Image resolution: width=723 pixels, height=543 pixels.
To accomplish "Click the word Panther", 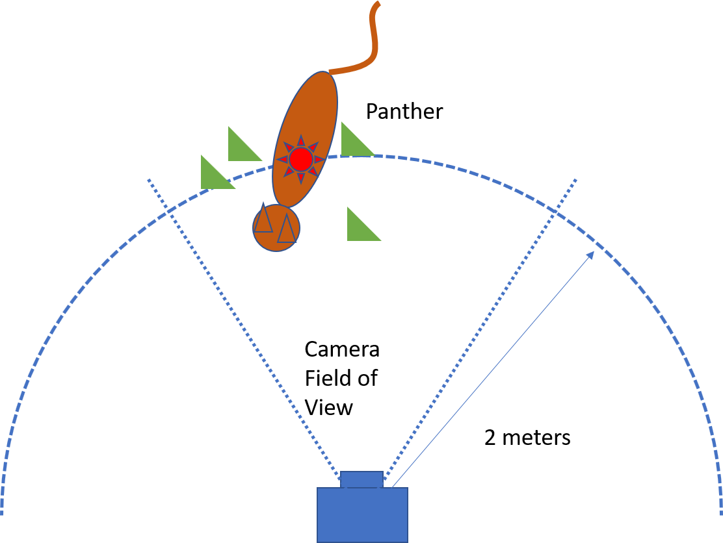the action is (404, 112).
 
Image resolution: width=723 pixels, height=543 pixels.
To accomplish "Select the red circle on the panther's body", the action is (301, 159).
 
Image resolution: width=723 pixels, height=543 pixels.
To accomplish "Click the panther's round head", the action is (276, 228).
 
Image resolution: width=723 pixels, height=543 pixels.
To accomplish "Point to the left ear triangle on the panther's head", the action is (263, 218).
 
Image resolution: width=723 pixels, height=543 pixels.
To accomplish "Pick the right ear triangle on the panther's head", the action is (286, 229).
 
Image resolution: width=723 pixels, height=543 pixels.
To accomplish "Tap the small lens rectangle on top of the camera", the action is (361, 479).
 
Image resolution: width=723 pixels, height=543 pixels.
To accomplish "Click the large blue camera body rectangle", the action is (362, 515).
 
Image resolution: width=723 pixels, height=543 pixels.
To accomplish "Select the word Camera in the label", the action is (342, 349).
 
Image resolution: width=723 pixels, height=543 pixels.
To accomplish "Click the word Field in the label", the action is (326, 378).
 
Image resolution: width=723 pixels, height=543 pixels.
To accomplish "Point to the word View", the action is (329, 408).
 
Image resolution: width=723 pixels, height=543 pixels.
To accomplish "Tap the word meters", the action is (536, 438).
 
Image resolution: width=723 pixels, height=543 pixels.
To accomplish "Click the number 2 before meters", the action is (490, 438).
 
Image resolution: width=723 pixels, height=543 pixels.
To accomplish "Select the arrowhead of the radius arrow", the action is (590, 256).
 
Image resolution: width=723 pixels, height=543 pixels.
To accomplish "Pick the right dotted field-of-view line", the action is (480, 329).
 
